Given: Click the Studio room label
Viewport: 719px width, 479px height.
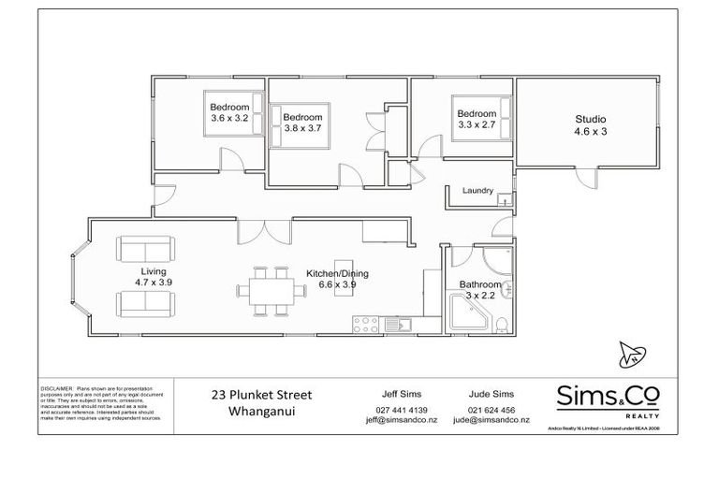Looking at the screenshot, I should click(591, 125).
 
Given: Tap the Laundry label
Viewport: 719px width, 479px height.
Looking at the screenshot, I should click(477, 191).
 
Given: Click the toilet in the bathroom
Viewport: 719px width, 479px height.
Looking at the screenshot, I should click(504, 325).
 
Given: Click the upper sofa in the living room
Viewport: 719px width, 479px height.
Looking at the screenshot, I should click(146, 250).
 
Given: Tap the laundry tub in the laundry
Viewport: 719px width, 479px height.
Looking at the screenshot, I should click(504, 199).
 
